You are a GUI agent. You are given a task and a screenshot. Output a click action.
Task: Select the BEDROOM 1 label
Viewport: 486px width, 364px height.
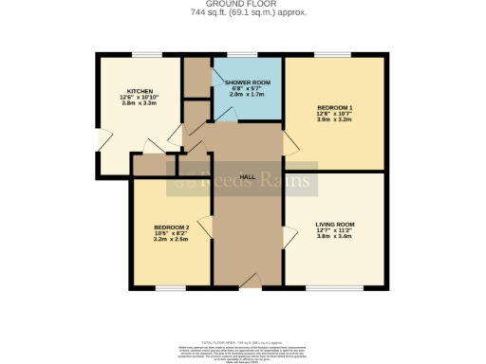pyautogui.click(x=335, y=108)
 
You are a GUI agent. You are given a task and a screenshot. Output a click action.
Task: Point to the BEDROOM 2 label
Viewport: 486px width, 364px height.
pyautogui.click(x=172, y=227)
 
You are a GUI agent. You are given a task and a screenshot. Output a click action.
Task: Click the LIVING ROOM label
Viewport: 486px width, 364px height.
pyautogui.click(x=333, y=224)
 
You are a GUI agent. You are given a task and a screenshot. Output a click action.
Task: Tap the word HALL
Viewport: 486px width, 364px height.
pyautogui.click(x=248, y=177)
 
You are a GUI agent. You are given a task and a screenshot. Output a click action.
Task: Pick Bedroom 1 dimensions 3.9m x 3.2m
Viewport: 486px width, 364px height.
pyautogui.click(x=335, y=121)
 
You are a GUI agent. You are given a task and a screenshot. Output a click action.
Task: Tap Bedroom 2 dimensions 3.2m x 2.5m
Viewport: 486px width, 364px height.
pyautogui.click(x=172, y=241)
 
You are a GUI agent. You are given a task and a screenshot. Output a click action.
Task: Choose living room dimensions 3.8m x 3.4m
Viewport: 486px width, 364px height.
pyautogui.click(x=333, y=237)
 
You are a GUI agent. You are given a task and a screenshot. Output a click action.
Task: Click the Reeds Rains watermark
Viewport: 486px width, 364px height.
pyautogui.click(x=242, y=179)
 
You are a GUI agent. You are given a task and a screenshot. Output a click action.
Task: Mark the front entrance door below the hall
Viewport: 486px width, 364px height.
pyautogui.click(x=248, y=281)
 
